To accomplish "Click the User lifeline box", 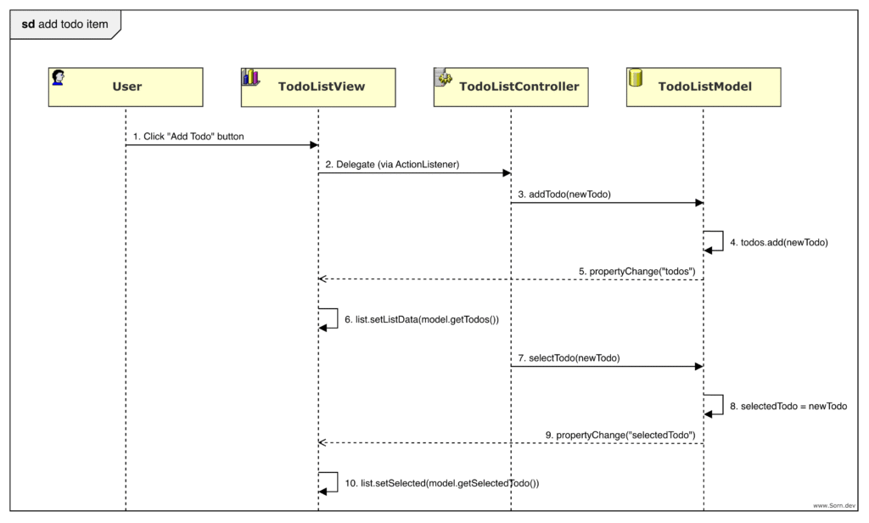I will click(126, 87).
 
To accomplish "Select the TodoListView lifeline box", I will click(318, 87).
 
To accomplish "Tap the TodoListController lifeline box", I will click(511, 87).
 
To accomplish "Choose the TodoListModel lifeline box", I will click(704, 87).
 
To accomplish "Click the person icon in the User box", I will click(59, 77).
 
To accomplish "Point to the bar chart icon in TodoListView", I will click(250, 77).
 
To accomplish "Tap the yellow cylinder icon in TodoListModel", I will click(635, 78).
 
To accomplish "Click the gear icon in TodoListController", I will click(442, 77).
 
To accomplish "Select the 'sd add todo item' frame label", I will click(65, 24).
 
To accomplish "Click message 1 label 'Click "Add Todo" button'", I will click(188, 136).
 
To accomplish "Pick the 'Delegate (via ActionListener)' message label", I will click(391, 165).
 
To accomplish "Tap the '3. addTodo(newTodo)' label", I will click(564, 194).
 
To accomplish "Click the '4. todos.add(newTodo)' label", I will click(778, 242).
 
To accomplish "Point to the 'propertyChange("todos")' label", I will click(637, 271).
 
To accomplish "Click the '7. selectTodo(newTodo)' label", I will click(569, 358).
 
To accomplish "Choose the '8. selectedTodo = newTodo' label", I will click(788, 407).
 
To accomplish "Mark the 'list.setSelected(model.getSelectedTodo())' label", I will click(441, 483).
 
